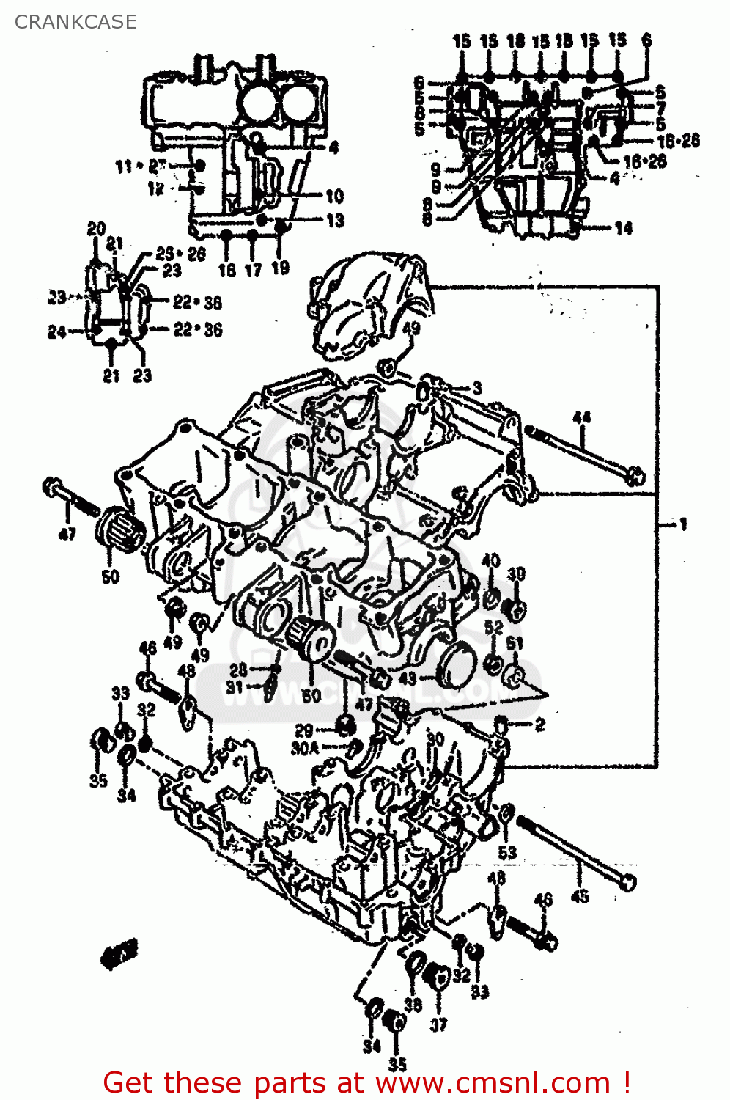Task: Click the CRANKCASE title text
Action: (75, 22)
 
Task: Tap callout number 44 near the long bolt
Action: (581, 418)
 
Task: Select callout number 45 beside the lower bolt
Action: (580, 896)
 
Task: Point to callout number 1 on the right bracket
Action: (683, 524)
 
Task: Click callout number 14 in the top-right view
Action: (623, 228)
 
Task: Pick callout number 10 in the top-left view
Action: (334, 196)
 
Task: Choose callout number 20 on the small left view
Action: (97, 229)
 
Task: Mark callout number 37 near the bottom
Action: (438, 1024)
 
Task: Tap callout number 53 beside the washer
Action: (507, 852)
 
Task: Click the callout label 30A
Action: (305, 748)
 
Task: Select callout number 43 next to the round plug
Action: (408, 678)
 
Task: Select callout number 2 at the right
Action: (540, 725)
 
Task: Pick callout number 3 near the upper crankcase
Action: (477, 387)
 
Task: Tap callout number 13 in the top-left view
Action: (335, 220)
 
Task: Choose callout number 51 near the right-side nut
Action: (515, 644)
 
